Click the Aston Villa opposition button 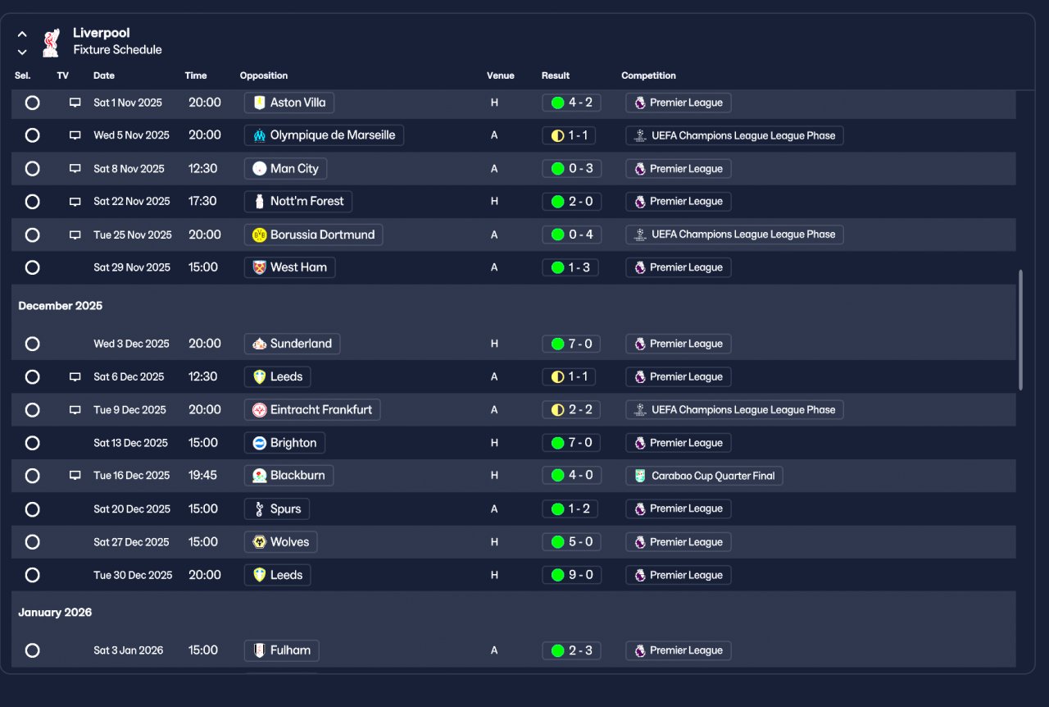pyautogui.click(x=288, y=103)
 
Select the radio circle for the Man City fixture pyautogui.click(x=32, y=168)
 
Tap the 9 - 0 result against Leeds pyautogui.click(x=571, y=575)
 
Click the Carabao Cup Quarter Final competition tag pyautogui.click(x=704, y=476)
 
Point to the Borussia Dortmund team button pyautogui.click(x=313, y=235)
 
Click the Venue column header pyautogui.click(x=500, y=75)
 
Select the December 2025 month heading pyautogui.click(x=61, y=306)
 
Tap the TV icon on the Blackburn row pyautogui.click(x=75, y=476)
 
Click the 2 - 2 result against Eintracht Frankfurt pyautogui.click(x=571, y=409)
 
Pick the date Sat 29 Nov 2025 pyautogui.click(x=132, y=267)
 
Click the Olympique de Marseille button pyautogui.click(x=324, y=135)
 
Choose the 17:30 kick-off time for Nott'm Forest pyautogui.click(x=202, y=201)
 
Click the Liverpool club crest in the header pyautogui.click(x=51, y=42)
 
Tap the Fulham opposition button pyautogui.click(x=282, y=650)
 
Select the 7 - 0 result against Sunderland pyautogui.click(x=571, y=344)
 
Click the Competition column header pyautogui.click(x=648, y=75)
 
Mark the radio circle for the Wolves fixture pyautogui.click(x=32, y=542)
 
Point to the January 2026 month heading pyautogui.click(x=55, y=613)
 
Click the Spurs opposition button pyautogui.click(x=277, y=509)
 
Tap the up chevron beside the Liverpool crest pyautogui.click(x=22, y=34)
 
